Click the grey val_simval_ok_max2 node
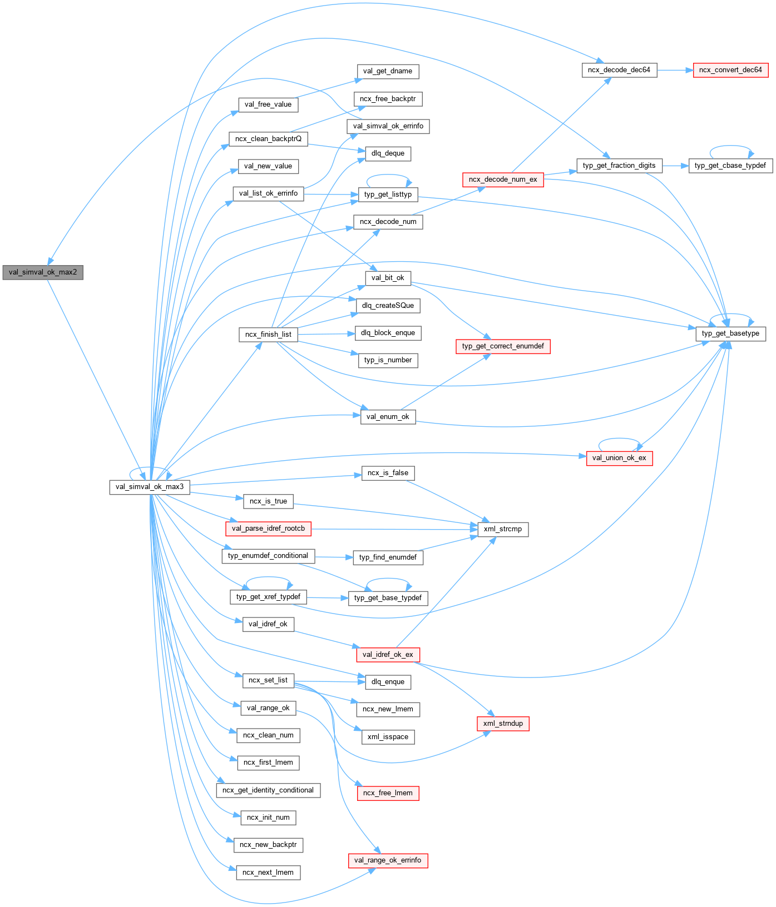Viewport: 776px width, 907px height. (x=43, y=272)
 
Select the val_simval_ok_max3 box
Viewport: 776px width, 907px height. (x=150, y=487)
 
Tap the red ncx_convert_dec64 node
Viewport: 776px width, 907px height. (x=730, y=70)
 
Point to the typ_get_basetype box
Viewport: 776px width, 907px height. (x=730, y=333)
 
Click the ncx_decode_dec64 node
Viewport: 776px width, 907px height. (x=619, y=70)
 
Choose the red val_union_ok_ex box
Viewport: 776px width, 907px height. (x=619, y=458)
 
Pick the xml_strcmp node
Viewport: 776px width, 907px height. (x=503, y=529)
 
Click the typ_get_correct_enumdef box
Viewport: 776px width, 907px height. (x=503, y=346)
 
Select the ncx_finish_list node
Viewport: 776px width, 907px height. (x=268, y=335)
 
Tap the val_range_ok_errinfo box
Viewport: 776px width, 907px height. (x=388, y=860)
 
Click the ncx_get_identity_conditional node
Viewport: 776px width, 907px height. (x=268, y=790)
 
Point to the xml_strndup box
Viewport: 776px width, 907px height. (x=503, y=724)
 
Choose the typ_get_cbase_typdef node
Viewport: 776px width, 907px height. (x=730, y=166)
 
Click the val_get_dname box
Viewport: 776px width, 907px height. (x=388, y=71)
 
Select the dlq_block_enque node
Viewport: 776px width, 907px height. (x=388, y=333)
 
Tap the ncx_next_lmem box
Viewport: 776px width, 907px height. (x=268, y=873)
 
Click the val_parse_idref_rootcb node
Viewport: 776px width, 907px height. (x=268, y=529)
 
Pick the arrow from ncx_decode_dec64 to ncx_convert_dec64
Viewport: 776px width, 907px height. (x=675, y=70)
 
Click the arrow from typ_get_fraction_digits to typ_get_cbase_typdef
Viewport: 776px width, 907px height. (x=675, y=166)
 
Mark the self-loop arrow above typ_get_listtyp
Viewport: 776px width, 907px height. (x=388, y=176)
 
